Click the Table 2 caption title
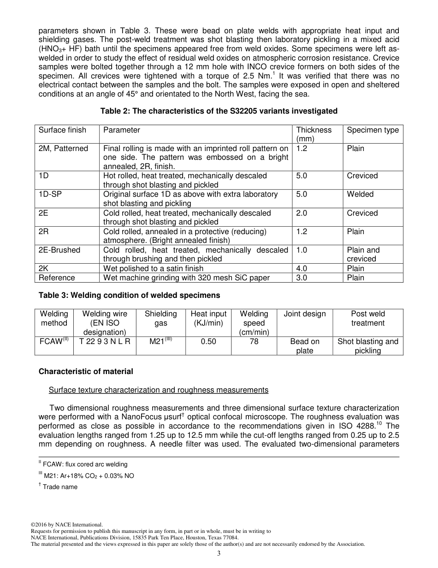(x=219, y=111)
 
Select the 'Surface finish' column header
(x=62, y=130)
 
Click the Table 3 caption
(x=129, y=295)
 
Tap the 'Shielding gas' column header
(x=160, y=319)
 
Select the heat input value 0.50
(x=208, y=342)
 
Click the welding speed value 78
(x=254, y=342)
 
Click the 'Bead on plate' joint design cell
(x=305, y=346)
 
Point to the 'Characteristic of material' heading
(x=86, y=371)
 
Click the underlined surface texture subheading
(x=159, y=390)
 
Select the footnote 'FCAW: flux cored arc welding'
(x=83, y=464)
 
